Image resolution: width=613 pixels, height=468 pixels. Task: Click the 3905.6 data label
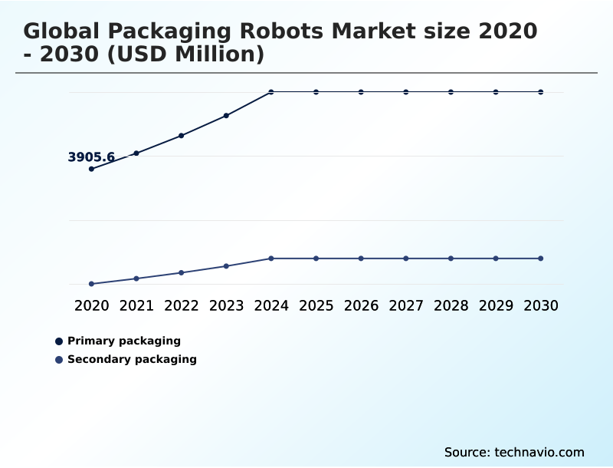point(91,157)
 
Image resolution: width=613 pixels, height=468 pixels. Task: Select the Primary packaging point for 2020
point(92,169)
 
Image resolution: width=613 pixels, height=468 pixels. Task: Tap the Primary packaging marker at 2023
point(226,116)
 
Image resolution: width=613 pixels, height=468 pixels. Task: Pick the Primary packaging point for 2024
point(271,92)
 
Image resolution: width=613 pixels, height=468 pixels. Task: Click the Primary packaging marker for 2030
point(540,92)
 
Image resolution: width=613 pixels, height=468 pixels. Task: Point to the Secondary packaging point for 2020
point(92,284)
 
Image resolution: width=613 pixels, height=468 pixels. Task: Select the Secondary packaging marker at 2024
point(271,259)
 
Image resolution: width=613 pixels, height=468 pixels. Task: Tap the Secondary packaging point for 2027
point(406,259)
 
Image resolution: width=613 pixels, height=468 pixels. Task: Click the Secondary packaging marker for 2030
point(540,259)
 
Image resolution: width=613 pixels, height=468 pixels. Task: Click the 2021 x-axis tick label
point(136,305)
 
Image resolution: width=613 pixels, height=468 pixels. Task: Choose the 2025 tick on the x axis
point(316,305)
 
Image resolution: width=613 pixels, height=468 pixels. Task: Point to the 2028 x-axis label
point(451,305)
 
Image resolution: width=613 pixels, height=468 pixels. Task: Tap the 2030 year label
point(540,305)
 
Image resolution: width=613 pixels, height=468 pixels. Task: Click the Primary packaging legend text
point(124,341)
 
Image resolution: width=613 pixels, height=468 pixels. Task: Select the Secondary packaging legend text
point(132,359)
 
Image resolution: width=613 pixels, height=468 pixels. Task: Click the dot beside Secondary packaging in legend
point(59,360)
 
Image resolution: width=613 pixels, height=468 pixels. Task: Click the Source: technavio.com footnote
point(514,452)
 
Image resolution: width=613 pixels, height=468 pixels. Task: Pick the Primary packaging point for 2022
point(182,136)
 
